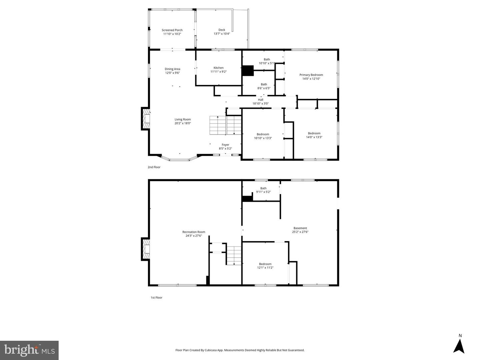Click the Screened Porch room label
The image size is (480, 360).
[x=172, y=30]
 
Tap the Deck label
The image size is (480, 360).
[x=222, y=30]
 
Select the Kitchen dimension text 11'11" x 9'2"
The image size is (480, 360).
[x=218, y=72]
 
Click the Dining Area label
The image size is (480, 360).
[x=172, y=69]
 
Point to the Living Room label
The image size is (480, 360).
[x=183, y=120]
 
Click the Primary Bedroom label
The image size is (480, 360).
[x=311, y=75]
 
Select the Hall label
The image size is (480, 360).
[x=260, y=100]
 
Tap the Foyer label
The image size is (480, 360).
[x=225, y=145]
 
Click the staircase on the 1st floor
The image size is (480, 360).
[x=234, y=255]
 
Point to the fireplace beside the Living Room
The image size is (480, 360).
[x=146, y=119]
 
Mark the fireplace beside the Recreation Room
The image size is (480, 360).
[x=146, y=249]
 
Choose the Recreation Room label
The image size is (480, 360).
[x=194, y=232]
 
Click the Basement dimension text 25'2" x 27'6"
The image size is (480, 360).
[x=300, y=232]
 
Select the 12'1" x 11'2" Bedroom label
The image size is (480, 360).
[x=265, y=264]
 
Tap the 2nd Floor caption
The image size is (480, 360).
[x=154, y=167]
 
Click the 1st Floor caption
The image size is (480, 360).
[x=156, y=298]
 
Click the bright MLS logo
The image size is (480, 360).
[x=29, y=350]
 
